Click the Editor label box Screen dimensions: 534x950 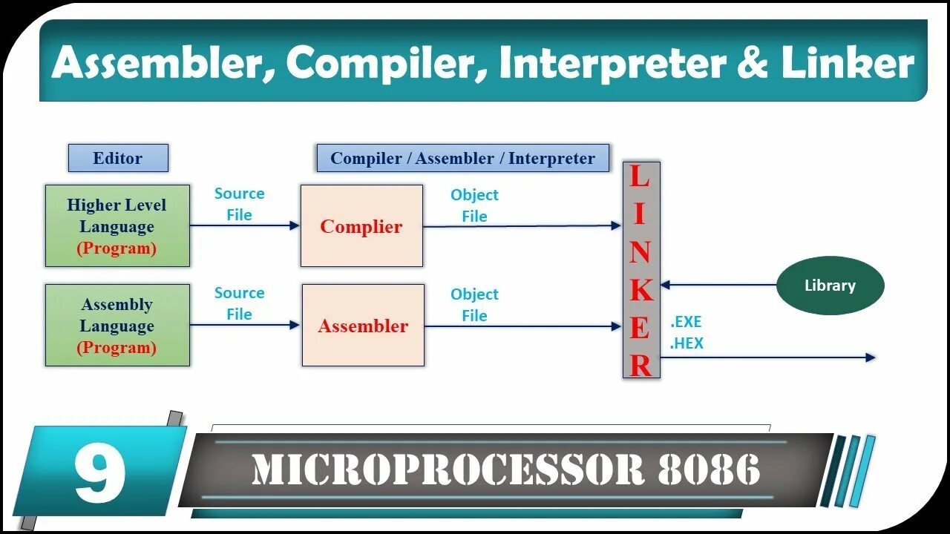118,158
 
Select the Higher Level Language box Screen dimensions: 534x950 117,226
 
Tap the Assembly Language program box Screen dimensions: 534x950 117,326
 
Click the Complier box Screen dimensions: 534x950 361,227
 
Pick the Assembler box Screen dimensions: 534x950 363,326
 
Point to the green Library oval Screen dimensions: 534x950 830,286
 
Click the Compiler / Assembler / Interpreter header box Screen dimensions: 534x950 462,158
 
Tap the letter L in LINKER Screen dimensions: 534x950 639,177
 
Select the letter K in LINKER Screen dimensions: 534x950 641,290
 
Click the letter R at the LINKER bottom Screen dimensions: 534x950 641,365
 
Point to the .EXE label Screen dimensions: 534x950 686,323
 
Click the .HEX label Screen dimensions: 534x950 687,343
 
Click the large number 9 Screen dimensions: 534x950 99,472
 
